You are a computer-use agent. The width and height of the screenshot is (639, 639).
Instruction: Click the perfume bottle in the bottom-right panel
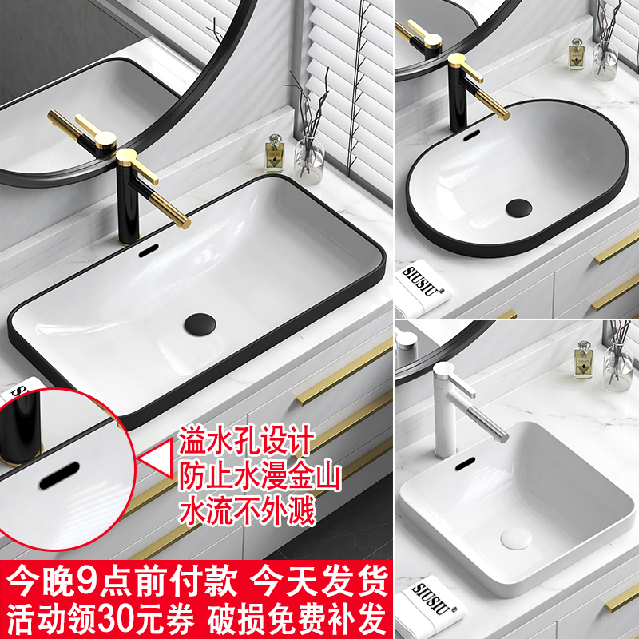pos(585,359)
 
